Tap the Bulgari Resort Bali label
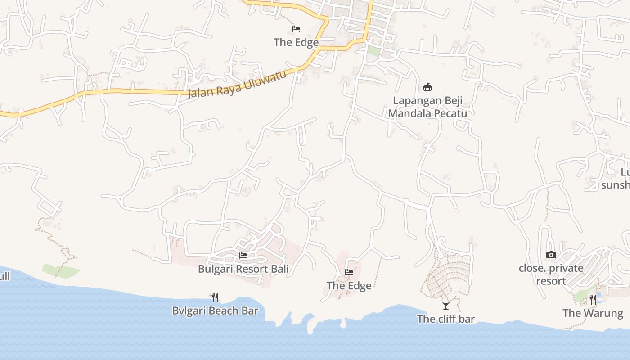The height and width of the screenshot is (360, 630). tap(243, 269)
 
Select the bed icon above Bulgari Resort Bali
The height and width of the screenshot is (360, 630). tap(243, 256)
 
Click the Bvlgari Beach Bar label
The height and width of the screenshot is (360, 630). tap(215, 310)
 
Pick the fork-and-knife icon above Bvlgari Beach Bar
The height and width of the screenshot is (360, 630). tap(215, 297)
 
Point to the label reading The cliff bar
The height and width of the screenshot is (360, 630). tap(445, 319)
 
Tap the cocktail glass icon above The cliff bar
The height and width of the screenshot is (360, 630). tap(445, 306)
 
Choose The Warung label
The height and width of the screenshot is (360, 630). tap(593, 313)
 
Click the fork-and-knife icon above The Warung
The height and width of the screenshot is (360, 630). tap(593, 299)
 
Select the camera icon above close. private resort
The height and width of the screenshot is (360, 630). tap(551, 255)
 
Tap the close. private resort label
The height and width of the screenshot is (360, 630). tap(551, 274)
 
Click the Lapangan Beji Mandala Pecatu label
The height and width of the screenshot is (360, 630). tap(427, 107)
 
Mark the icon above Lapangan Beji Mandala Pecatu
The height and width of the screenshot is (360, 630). tap(427, 87)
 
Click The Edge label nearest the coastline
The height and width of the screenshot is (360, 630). tap(349, 286)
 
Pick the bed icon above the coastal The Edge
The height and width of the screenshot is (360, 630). tap(349, 272)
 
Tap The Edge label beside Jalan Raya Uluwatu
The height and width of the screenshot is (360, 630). tap(296, 42)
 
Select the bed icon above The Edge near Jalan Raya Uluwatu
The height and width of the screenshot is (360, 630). tap(296, 29)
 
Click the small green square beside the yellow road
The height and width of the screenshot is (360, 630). tap(373, 50)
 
